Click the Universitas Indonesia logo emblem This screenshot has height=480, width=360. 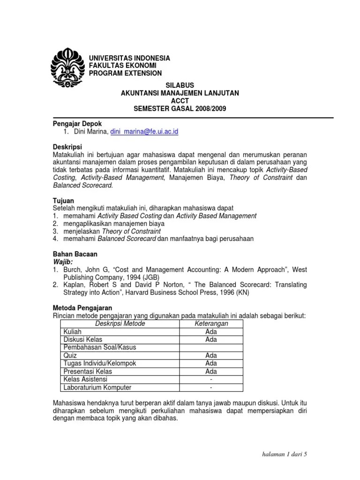[67, 67]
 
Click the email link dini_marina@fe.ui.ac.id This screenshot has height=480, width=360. [144, 132]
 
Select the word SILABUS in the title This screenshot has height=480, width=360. [180, 85]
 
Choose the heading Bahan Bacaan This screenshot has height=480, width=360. [75, 254]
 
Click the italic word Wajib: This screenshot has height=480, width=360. [63, 261]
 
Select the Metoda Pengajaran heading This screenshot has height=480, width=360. [82, 307]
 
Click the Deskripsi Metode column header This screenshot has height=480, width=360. [120, 323]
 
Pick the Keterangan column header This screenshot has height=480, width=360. [211, 323]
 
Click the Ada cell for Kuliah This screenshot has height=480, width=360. [211, 331]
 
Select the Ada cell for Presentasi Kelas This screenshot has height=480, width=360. [211, 371]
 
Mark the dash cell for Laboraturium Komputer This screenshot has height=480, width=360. [211, 388]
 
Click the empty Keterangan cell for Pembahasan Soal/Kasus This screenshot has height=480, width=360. [211, 347]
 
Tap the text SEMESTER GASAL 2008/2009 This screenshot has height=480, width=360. [180, 109]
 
